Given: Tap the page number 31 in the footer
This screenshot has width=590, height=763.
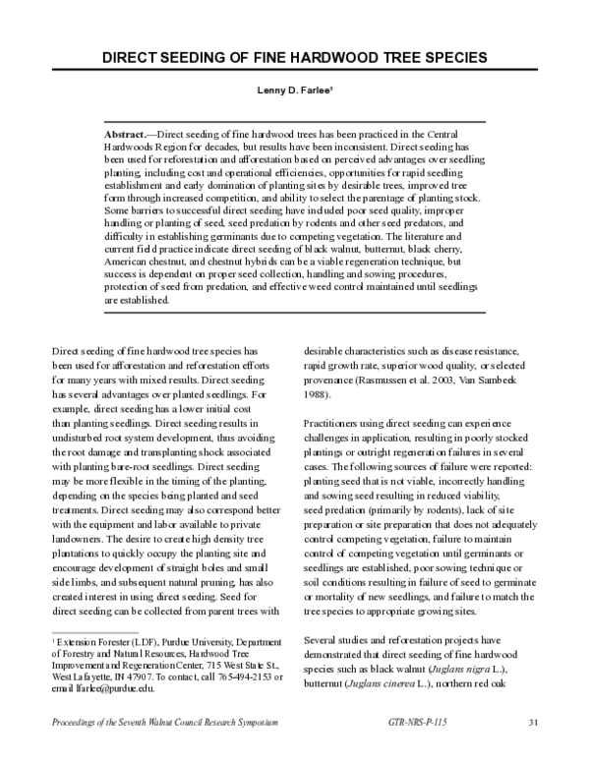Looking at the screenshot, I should (533, 724).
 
